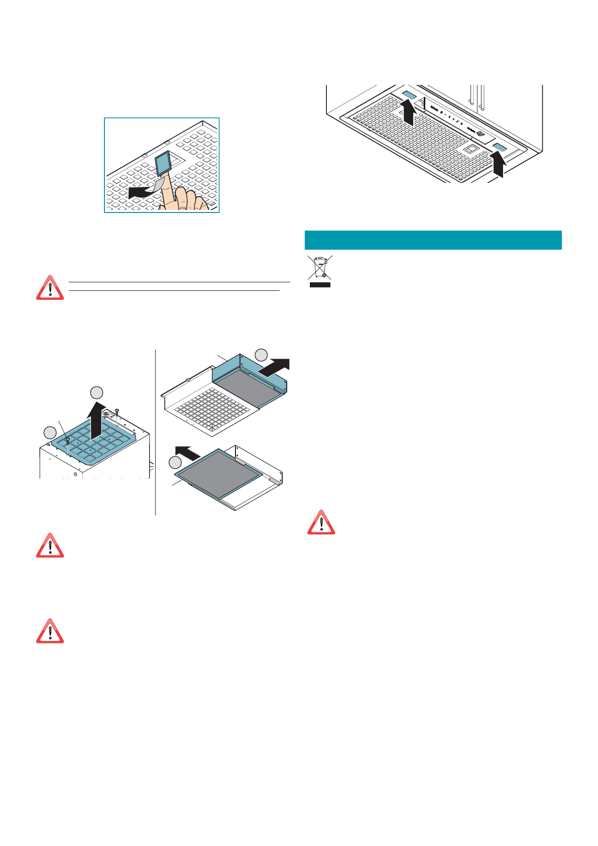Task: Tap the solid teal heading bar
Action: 433,240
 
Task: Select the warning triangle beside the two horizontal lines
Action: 50,288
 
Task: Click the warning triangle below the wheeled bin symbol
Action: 321,522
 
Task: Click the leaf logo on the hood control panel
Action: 481,134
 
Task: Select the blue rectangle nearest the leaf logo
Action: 500,147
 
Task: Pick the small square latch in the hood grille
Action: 471,149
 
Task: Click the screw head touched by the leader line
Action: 67,440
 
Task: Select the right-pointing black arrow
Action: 274,367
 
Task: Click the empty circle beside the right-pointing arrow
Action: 261,355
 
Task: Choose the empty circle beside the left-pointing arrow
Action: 175,462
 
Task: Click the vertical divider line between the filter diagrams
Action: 156,432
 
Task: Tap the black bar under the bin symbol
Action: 320,284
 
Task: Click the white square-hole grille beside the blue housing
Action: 211,407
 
